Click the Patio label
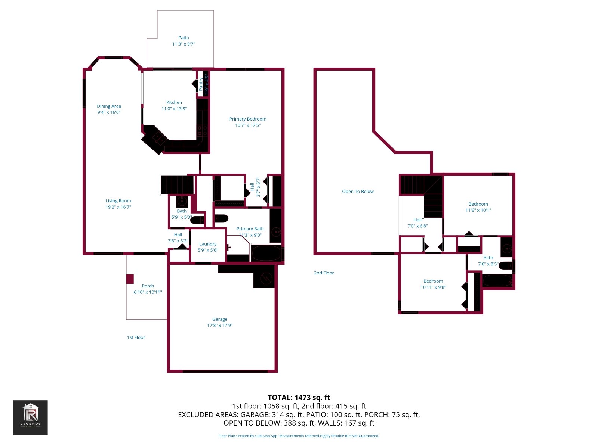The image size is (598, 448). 184,38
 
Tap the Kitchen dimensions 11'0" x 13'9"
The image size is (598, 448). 174,109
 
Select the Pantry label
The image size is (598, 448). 201,84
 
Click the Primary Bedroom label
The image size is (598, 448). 248,119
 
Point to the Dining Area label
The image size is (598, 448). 109,106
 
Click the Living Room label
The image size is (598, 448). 118,201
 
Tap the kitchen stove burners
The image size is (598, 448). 203,130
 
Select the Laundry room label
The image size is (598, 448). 208,244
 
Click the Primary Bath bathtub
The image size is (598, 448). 266,253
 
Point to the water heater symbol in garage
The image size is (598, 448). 266,278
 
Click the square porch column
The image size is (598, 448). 130,279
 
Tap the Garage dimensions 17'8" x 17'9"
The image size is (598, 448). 220,326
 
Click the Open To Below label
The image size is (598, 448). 358,192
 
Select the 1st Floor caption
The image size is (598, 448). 136,337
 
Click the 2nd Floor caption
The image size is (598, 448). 324,273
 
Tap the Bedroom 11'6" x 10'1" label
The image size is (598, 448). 478,204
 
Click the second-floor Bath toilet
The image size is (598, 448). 506,265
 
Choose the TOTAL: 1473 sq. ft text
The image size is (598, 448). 299,398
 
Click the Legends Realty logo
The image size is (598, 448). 31,417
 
